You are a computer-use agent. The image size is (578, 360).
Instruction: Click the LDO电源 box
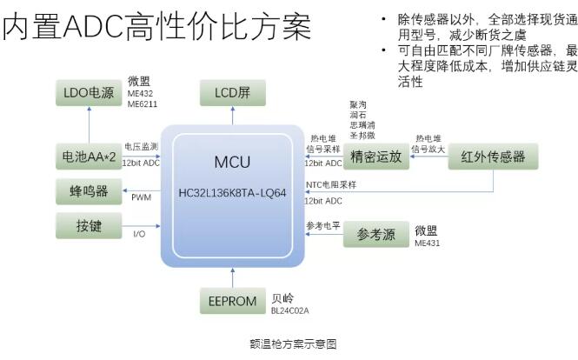[x=90, y=92]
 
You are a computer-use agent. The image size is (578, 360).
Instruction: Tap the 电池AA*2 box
[x=90, y=157]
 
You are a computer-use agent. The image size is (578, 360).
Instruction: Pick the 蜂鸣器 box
[x=90, y=190]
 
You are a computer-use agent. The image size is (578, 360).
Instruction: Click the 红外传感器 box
[x=493, y=157]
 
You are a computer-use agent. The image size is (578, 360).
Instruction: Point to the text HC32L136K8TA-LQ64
[x=232, y=192]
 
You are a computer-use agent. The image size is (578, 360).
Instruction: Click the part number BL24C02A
[x=291, y=310]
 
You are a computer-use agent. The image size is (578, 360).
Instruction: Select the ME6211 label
[x=143, y=103]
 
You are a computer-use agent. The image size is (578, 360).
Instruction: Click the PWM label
[x=142, y=197]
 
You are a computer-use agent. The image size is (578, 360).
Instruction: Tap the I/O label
[x=139, y=234]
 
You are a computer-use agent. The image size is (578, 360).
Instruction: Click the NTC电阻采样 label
[x=331, y=184]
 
